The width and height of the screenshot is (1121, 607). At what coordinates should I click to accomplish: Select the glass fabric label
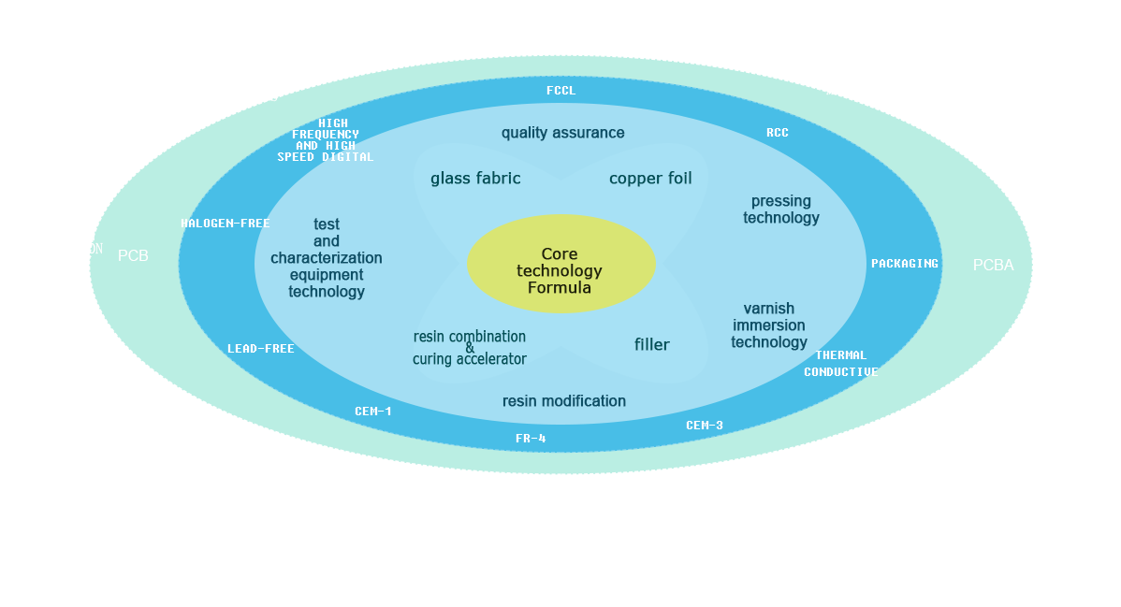pos(475,179)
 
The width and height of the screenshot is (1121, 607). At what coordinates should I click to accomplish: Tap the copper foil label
pos(650,179)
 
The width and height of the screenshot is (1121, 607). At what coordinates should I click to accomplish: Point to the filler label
pos(651,345)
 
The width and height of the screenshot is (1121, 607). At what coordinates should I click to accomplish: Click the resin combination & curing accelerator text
pos(470,348)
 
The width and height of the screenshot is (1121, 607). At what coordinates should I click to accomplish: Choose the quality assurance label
pos(562,133)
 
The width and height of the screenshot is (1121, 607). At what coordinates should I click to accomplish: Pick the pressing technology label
pos(781,210)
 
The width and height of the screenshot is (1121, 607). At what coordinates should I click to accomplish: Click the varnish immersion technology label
pos(769,325)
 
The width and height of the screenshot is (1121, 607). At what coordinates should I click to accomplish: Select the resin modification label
pos(563,401)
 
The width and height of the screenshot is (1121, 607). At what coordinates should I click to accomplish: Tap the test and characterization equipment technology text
pos(327,258)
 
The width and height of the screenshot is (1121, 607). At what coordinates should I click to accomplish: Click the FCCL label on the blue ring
pos(560,91)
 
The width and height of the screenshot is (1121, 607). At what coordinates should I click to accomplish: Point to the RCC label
pos(777,133)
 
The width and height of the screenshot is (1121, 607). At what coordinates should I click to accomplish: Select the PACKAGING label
pos(904,264)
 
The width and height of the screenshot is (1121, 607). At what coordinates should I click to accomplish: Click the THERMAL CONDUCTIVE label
pos(840,364)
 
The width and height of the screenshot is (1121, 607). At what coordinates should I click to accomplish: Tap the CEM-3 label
pos(704,426)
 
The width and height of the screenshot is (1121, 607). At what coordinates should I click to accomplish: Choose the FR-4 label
pos(531,439)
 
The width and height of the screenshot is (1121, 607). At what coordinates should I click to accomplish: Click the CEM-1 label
pos(372,412)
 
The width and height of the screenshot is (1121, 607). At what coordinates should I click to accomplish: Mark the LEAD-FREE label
pos(260,349)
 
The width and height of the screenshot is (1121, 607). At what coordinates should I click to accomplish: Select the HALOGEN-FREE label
pos(225,224)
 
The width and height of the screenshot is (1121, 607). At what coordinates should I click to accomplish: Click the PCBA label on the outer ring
pos(993,266)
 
